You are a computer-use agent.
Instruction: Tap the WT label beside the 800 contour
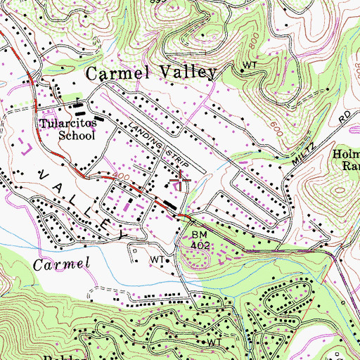(250, 65)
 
